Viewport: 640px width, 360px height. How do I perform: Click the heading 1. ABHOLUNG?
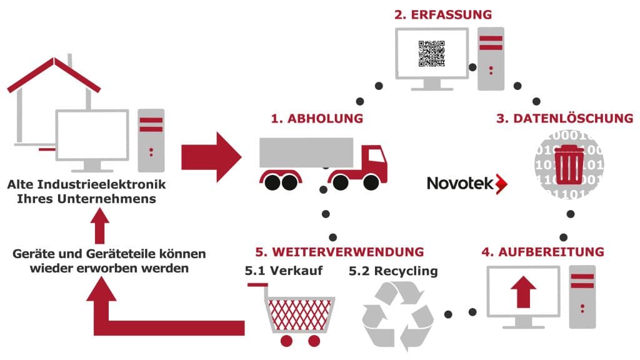(317, 117)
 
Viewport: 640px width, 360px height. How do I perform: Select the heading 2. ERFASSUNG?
(442, 14)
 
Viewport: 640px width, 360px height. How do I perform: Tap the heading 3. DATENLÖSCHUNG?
(564, 118)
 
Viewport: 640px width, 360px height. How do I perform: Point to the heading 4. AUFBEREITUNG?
(542, 252)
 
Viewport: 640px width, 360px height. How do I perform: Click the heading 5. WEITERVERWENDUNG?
(339, 252)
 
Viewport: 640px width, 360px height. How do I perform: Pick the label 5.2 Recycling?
(393, 271)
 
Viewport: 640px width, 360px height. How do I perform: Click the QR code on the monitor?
(431, 54)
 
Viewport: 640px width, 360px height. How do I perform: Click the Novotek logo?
(467, 183)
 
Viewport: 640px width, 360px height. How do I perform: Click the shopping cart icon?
(292, 312)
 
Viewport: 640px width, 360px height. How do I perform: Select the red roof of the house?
(53, 73)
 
